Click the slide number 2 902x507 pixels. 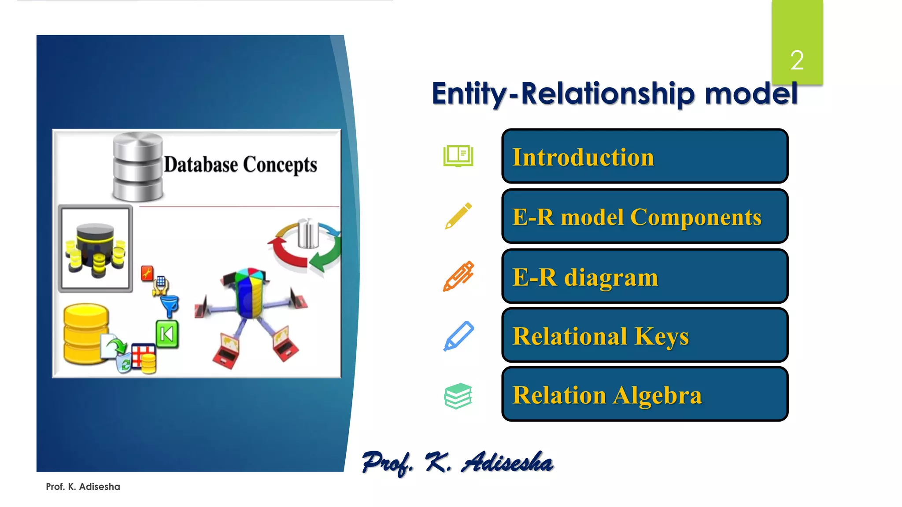click(x=797, y=60)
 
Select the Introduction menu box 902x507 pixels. click(x=644, y=156)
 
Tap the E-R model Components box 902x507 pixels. click(x=644, y=216)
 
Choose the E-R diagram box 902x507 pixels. click(x=644, y=276)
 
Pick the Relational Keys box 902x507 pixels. click(x=644, y=335)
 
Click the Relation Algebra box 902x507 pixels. click(x=644, y=394)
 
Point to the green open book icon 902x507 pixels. click(x=458, y=156)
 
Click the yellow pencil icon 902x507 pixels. click(x=458, y=216)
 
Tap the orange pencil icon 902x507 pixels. click(x=458, y=276)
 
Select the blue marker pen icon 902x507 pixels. click(x=458, y=336)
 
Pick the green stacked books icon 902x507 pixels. click(x=458, y=396)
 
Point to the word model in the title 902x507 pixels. click(x=751, y=94)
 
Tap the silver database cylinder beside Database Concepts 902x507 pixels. click(x=137, y=166)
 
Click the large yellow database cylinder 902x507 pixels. click(x=85, y=334)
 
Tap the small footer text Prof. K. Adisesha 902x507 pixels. click(x=83, y=487)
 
